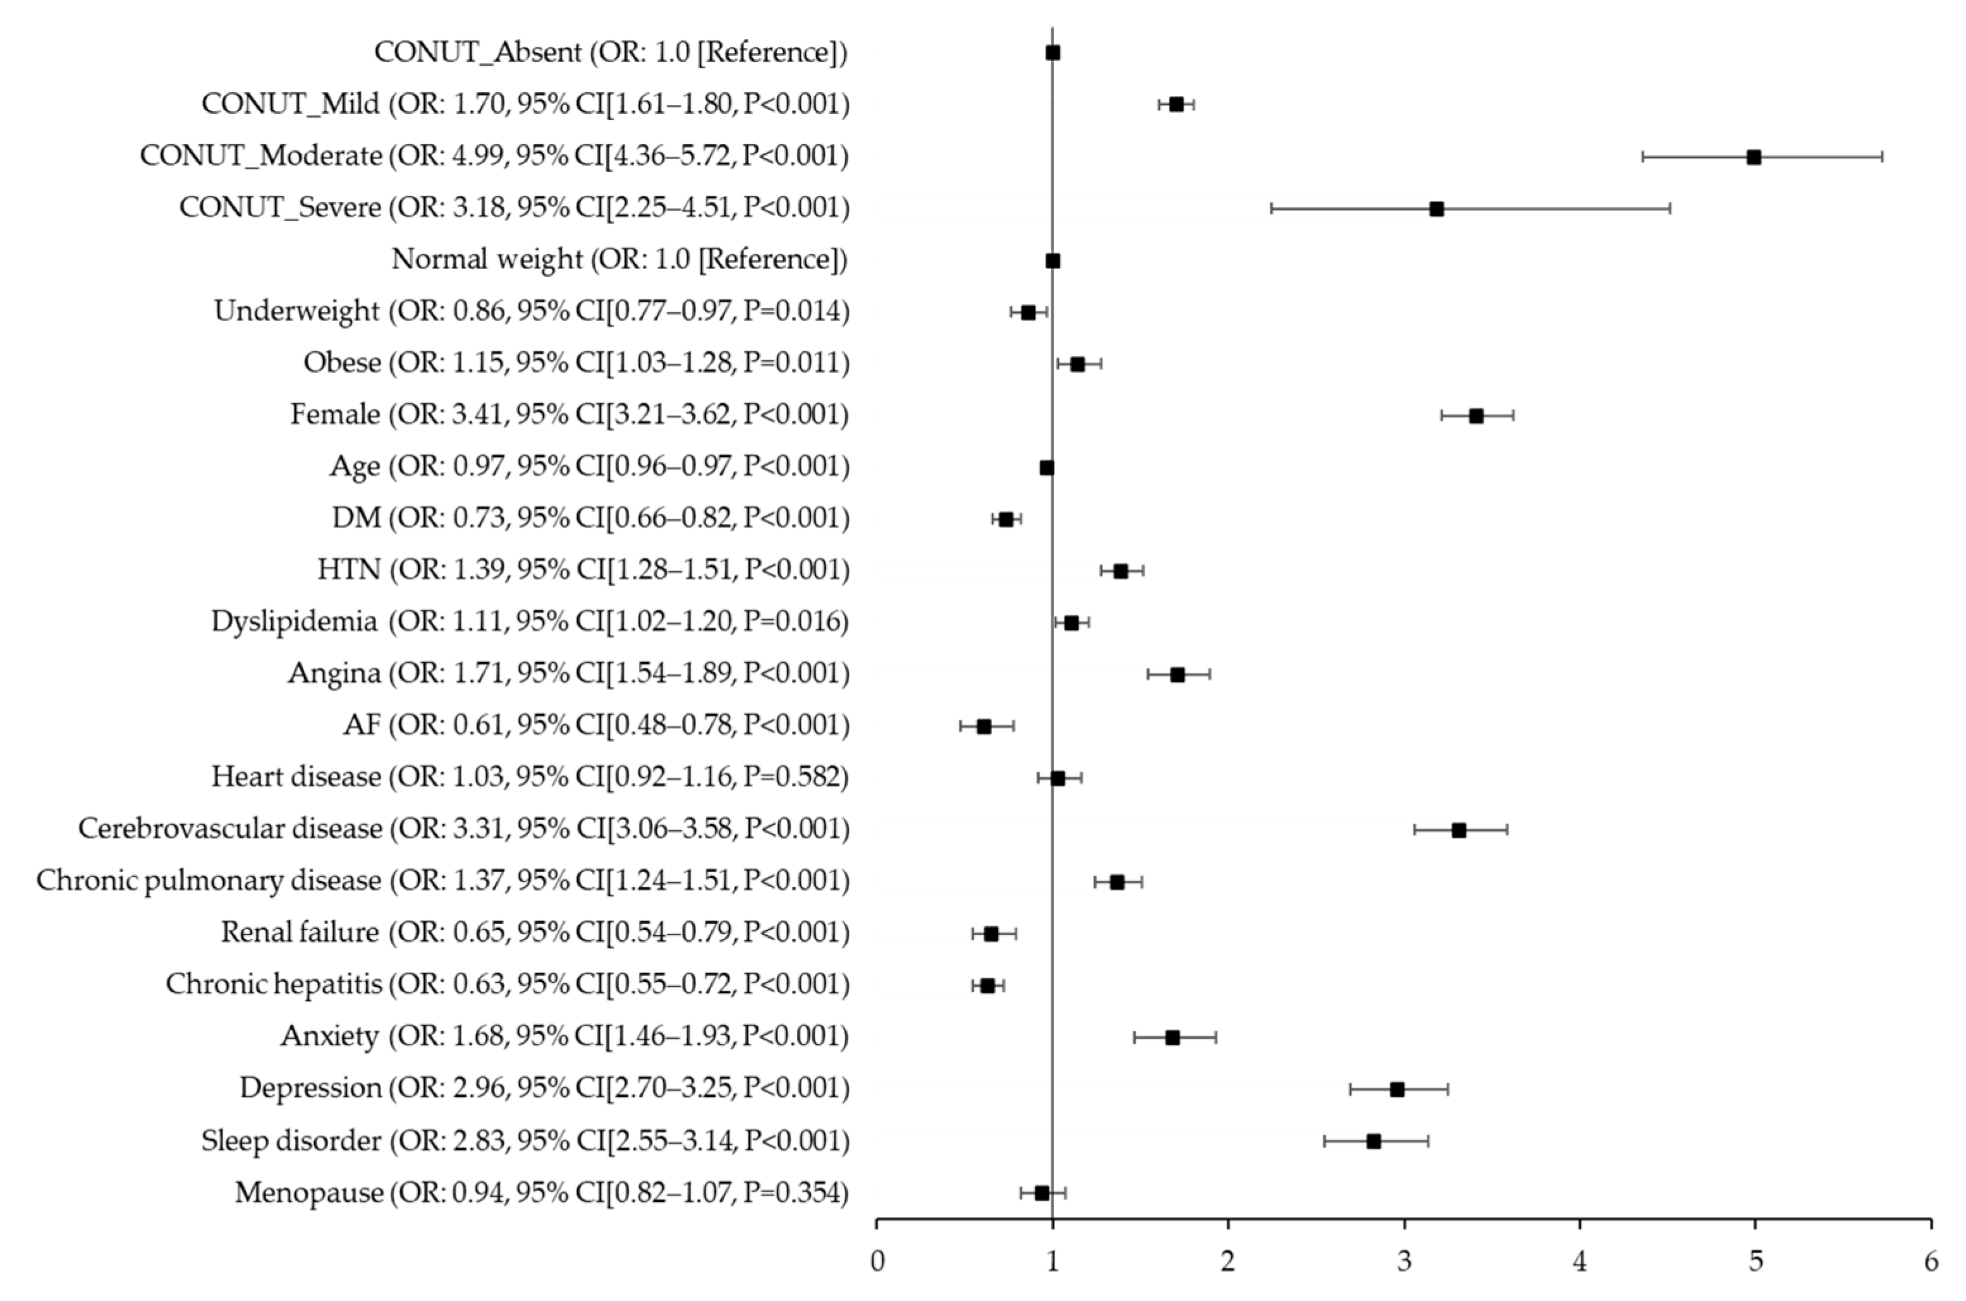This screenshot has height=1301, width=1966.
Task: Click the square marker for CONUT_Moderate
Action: pos(1754,157)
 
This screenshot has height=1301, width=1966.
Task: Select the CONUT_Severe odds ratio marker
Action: pos(1436,209)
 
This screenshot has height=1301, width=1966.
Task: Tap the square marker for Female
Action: pos(1475,416)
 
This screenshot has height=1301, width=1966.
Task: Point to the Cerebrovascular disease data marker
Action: pos(1459,830)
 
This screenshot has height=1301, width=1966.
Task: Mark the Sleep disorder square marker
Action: pos(1374,1141)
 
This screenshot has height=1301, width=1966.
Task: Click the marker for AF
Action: pos(984,726)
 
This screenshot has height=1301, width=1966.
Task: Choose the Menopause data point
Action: pos(1042,1192)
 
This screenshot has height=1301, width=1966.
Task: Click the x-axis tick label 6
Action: pos(1931,1263)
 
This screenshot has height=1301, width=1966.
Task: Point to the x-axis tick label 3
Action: pos(1404,1263)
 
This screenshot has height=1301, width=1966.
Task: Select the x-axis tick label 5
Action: pos(1756,1263)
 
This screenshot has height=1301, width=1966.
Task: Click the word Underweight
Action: pos(296,311)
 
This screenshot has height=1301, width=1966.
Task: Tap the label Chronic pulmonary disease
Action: pos(209,880)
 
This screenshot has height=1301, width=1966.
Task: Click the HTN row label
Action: pos(348,569)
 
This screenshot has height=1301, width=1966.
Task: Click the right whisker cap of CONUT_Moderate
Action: pos(1882,157)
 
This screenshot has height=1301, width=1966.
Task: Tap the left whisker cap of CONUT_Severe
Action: pos(1271,209)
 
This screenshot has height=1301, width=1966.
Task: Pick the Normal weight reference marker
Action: pos(1053,260)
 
